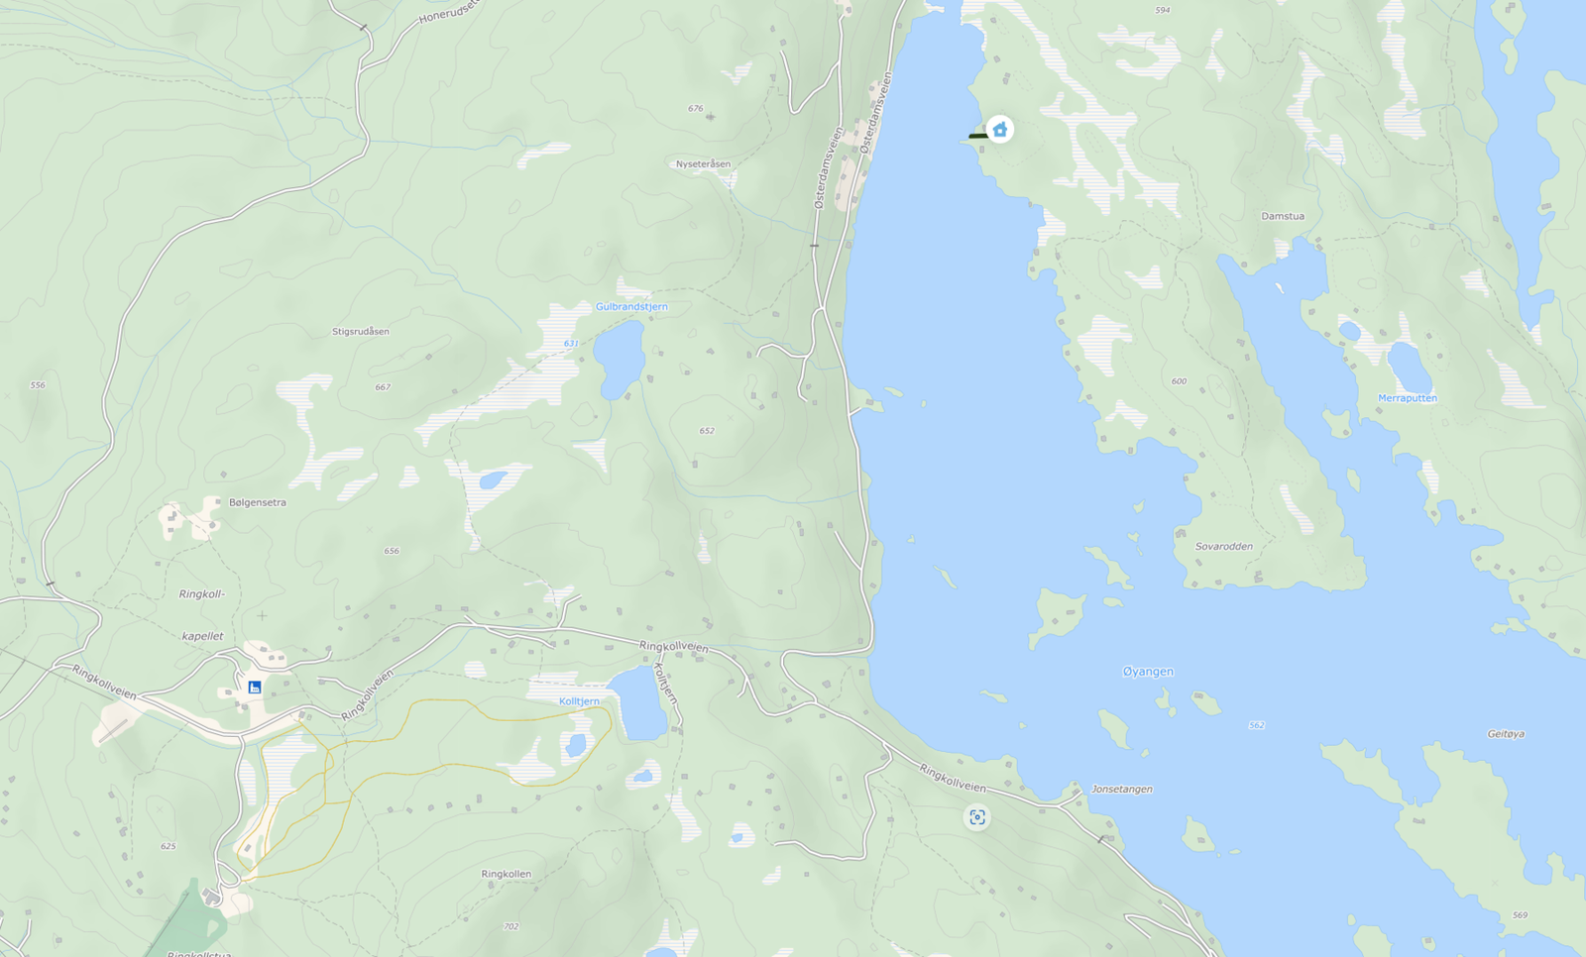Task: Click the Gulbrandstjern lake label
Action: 631,307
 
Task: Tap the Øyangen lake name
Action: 1148,672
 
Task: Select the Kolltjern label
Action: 579,701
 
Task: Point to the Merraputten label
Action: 1407,398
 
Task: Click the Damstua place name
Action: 1283,216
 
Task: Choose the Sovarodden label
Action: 1223,547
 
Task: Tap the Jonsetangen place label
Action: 1122,790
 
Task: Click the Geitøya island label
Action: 1506,734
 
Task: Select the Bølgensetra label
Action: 257,502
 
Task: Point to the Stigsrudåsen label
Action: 361,332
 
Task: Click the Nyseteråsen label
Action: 703,164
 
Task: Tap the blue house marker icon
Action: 1000,130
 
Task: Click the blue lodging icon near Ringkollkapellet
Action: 255,688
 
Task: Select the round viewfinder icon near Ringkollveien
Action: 977,817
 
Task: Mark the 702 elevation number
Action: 510,927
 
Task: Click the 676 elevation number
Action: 695,109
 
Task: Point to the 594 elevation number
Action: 1163,11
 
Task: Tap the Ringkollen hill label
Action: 506,874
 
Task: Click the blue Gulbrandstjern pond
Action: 619,359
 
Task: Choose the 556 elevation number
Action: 38,385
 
